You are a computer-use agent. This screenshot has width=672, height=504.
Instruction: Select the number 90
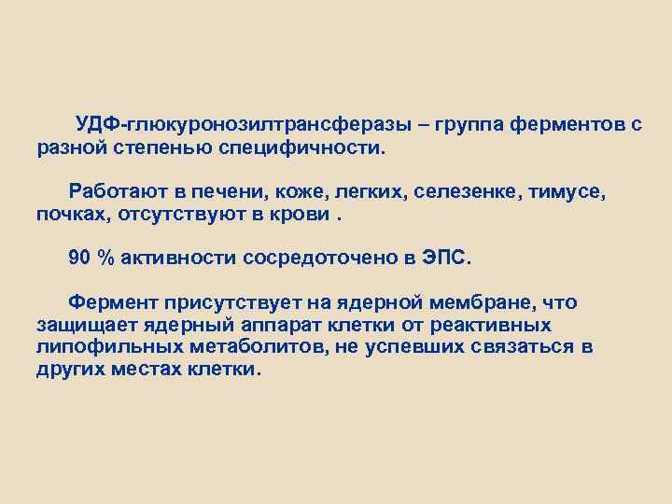click(x=80, y=259)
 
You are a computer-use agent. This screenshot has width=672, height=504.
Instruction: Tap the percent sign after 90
click(x=105, y=259)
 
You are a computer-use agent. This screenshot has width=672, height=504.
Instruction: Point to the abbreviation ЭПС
click(x=453, y=259)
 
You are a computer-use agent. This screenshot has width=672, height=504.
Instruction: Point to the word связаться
click(x=524, y=347)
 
